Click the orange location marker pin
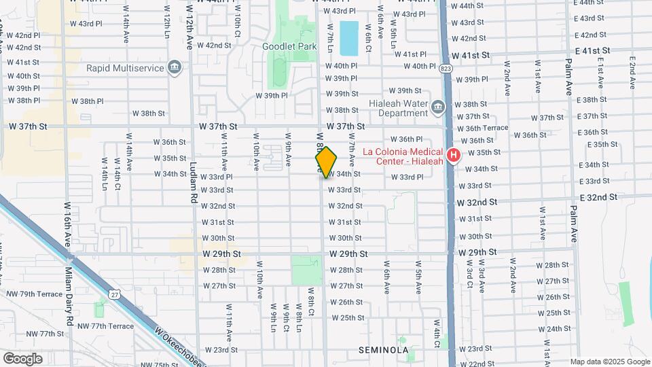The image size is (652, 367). point(327,162)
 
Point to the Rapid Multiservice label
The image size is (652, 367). point(124,68)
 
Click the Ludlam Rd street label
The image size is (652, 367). point(194,187)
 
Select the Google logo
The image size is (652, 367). point(23,358)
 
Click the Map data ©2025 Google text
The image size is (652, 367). point(609,362)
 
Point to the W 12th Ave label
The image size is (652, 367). point(189,34)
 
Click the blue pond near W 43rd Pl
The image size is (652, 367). point(348,38)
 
